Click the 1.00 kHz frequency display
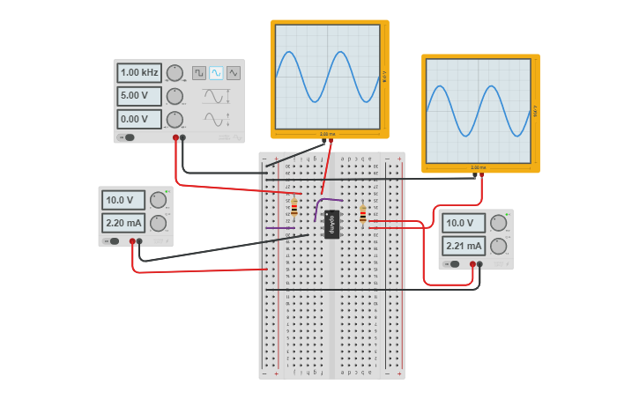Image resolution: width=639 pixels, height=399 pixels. (139, 72)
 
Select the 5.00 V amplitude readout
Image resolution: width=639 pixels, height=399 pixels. (139, 96)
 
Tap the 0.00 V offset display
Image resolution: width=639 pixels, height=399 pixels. (139, 119)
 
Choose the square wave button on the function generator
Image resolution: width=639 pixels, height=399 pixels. (199, 73)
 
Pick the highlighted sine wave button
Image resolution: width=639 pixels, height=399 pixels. (216, 73)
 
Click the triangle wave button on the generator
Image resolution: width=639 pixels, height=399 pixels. (233, 73)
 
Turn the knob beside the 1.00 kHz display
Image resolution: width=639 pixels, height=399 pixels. (175, 72)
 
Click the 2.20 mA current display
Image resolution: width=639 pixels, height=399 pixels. (123, 223)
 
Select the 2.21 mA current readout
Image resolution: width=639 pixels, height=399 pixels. (464, 246)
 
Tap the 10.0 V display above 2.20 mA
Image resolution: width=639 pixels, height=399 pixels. (123, 200)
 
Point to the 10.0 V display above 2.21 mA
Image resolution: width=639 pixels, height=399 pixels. (464, 223)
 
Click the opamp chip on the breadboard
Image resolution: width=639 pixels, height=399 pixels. (331, 224)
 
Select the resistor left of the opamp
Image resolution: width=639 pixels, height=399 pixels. (293, 208)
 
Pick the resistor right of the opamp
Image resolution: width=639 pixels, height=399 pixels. (362, 214)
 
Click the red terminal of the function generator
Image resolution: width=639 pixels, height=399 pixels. (176, 137)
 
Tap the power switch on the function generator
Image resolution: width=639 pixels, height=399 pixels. (128, 137)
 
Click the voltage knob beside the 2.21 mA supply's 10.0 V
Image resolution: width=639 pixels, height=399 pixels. (499, 223)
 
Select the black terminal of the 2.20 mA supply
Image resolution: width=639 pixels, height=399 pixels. (139, 240)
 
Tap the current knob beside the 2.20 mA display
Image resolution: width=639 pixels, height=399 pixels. (158, 223)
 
